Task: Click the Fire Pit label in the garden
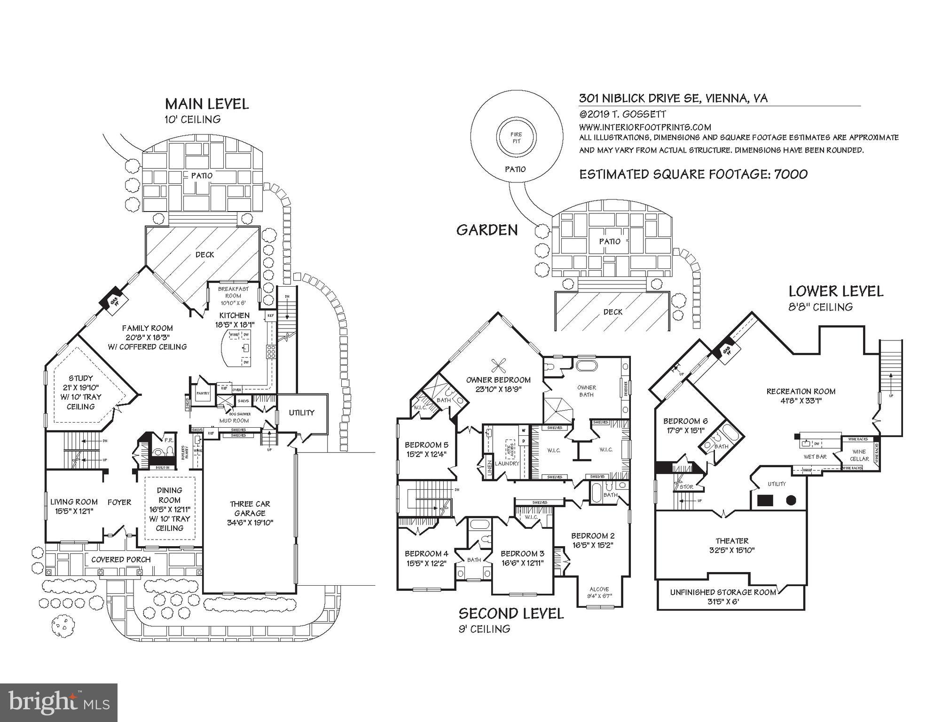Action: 516,138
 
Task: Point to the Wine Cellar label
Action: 859,455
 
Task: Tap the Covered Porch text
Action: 121,559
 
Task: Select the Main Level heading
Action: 206,104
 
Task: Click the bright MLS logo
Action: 59,703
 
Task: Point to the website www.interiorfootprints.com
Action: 644,127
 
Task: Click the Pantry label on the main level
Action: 203,393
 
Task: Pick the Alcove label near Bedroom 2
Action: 599,589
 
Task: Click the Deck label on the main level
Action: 204,254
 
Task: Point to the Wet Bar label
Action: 815,456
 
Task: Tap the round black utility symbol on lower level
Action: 791,500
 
